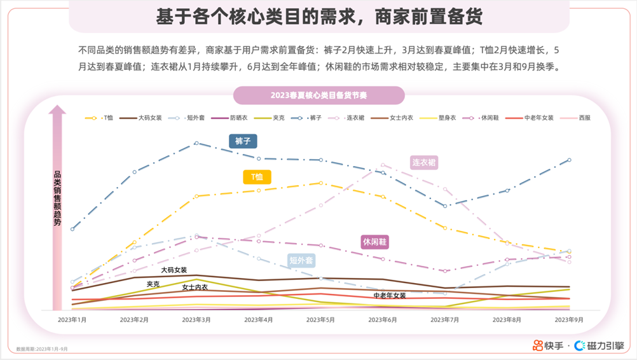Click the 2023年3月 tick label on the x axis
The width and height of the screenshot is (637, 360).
(x=196, y=319)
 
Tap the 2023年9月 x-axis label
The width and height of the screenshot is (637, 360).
(x=569, y=319)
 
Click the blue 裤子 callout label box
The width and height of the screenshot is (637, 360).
(x=243, y=141)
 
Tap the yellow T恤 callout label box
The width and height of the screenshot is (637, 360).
(x=257, y=177)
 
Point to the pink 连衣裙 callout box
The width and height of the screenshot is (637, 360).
(x=424, y=162)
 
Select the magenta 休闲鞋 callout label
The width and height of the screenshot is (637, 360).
(x=374, y=242)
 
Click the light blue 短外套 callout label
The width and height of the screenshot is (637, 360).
(x=301, y=260)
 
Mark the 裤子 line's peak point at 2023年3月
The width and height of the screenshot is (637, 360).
(x=196, y=143)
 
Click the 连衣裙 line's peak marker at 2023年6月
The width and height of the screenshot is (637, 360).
(x=383, y=165)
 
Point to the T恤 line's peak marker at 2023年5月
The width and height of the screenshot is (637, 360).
(x=321, y=183)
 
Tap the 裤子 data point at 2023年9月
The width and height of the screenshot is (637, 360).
(x=569, y=160)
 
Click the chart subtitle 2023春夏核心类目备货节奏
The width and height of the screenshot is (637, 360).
(x=318, y=95)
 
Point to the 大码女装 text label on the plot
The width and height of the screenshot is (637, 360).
(x=174, y=270)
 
